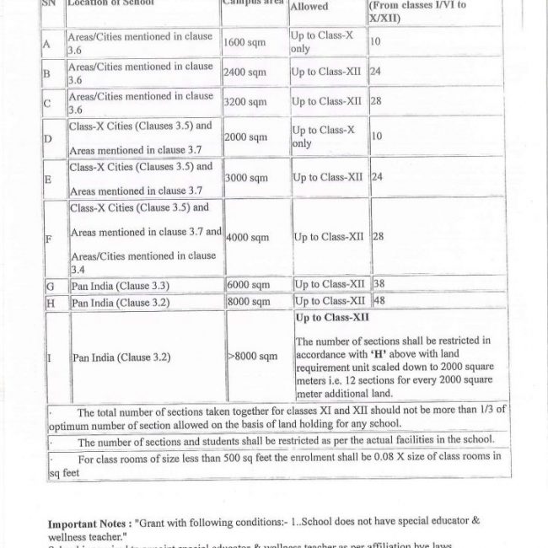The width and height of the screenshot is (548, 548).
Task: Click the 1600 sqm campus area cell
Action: [245, 41]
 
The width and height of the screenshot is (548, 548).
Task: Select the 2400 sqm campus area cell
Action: [245, 72]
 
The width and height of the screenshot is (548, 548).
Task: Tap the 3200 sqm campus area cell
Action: [245, 102]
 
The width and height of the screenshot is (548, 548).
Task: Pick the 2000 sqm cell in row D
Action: [245, 137]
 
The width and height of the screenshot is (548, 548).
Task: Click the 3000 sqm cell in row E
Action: [245, 179]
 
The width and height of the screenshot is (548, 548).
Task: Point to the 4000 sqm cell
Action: [247, 238]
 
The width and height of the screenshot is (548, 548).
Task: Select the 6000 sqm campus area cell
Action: [247, 286]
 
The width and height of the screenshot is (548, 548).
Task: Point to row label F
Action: [50, 239]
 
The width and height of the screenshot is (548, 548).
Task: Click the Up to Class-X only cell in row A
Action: [316, 42]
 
